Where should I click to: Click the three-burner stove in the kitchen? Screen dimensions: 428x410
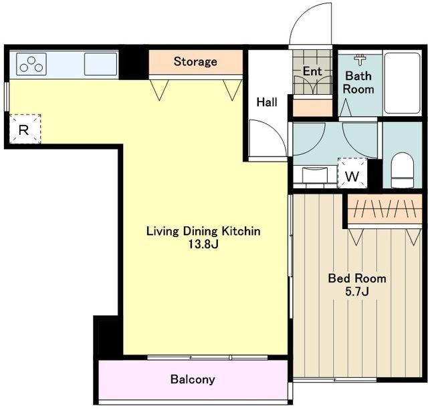(x=31, y=64)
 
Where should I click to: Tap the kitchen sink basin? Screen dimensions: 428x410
(x=100, y=64)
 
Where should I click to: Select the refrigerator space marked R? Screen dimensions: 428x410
(x=25, y=129)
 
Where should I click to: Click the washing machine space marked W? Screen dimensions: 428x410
(x=352, y=173)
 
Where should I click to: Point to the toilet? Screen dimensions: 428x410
(x=403, y=170)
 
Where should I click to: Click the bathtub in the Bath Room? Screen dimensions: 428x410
(x=402, y=83)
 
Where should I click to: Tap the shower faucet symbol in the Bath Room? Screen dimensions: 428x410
(x=360, y=59)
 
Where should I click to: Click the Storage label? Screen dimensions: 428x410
(x=195, y=61)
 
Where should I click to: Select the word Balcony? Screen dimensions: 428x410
(x=193, y=379)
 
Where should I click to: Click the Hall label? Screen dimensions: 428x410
(x=267, y=102)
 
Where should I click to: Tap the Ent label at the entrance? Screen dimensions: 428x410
(x=312, y=71)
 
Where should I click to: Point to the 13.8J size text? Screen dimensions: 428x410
(x=203, y=244)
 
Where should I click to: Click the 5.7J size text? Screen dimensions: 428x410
(x=357, y=292)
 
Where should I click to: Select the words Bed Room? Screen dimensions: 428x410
(x=357, y=278)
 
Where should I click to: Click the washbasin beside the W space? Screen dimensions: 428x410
(x=315, y=175)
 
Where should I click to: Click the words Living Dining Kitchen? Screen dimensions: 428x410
(x=203, y=231)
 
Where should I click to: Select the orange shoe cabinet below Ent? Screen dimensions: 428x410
(x=312, y=108)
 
